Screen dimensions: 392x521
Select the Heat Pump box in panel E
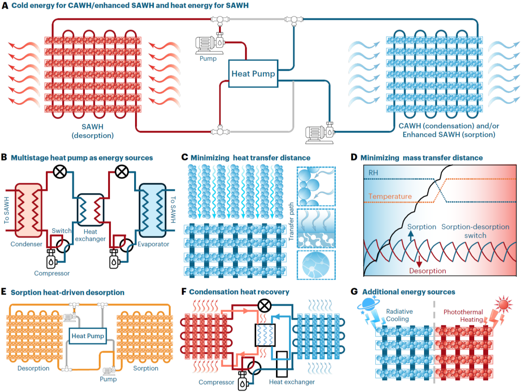click(x=87, y=335)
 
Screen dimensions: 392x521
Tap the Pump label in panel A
click(x=208, y=59)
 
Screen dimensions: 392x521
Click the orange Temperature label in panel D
click(x=390, y=197)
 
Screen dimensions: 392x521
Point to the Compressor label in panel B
click(x=52, y=274)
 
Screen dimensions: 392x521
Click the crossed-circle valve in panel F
click(x=264, y=305)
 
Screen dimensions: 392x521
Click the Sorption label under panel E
click(x=146, y=368)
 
